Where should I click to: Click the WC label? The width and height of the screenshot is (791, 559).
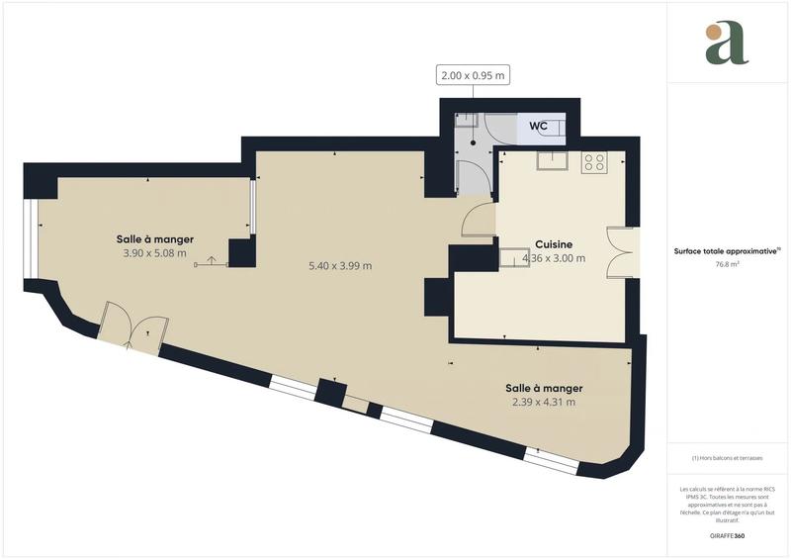click(539, 126)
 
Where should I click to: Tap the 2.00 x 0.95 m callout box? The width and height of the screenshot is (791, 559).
click(474, 74)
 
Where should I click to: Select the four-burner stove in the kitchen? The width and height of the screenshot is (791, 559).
click(594, 162)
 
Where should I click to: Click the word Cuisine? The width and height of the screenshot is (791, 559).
click(554, 244)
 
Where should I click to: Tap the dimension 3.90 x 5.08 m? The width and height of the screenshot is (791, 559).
click(153, 253)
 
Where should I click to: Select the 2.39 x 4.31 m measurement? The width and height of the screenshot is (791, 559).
click(544, 403)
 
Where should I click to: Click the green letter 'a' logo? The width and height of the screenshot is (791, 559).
click(727, 44)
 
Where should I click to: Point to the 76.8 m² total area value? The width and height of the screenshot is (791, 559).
click(728, 265)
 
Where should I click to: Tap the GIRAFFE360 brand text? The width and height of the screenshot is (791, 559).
click(727, 535)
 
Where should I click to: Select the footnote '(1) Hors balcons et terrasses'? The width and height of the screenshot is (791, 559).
click(727, 458)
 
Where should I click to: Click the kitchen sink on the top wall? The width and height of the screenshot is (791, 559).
click(551, 161)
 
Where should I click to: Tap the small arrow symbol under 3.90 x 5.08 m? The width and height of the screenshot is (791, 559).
click(211, 262)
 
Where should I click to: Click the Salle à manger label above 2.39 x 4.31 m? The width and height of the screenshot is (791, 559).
click(544, 388)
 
